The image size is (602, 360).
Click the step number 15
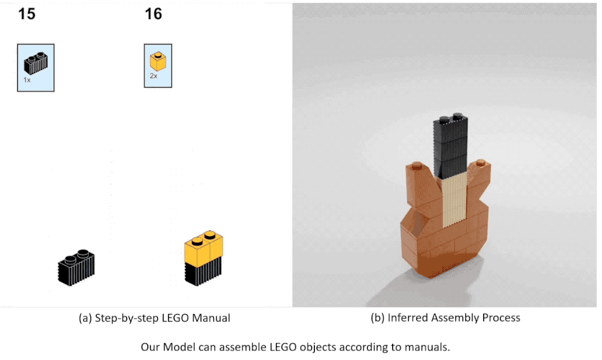26,14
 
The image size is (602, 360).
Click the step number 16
154,14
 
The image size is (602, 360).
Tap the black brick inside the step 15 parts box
36,63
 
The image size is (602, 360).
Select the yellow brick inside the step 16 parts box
158,61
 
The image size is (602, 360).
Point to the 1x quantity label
27,80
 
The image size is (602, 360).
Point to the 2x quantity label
154,76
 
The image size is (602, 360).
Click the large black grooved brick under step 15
76,267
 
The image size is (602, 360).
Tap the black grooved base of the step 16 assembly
203,272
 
